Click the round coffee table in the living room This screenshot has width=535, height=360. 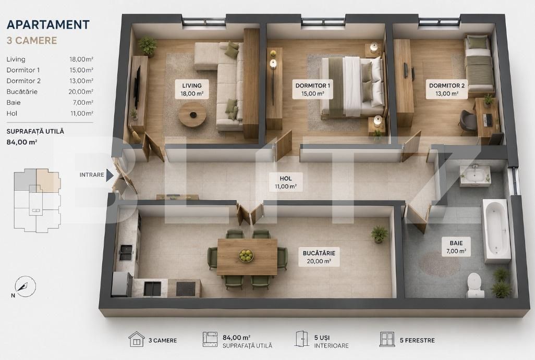pos(192,114)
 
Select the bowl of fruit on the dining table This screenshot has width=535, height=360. pos(246,255)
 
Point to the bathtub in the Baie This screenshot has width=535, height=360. pos(496,231)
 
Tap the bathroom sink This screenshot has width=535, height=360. pos(475,176)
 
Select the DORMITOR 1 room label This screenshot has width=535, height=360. pos(312,89)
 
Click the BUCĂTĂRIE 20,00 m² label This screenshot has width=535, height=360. pos(319,257)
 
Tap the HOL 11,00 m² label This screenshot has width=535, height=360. pos(286,182)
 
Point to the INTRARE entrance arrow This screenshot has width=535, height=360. pos(110,175)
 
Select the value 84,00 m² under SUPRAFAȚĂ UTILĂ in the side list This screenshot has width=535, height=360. pos(22,142)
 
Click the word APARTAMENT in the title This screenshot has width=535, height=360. pos(48,24)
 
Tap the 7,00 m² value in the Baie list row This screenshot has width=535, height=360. pos(81,103)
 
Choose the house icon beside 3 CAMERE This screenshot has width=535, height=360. pos(137,340)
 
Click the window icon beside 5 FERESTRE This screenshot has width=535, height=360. pos(387,340)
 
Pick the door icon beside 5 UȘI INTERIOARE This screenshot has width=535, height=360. pos(301,339)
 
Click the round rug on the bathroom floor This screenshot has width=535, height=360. pos(440,264)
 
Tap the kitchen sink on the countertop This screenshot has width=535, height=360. pos(126,253)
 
